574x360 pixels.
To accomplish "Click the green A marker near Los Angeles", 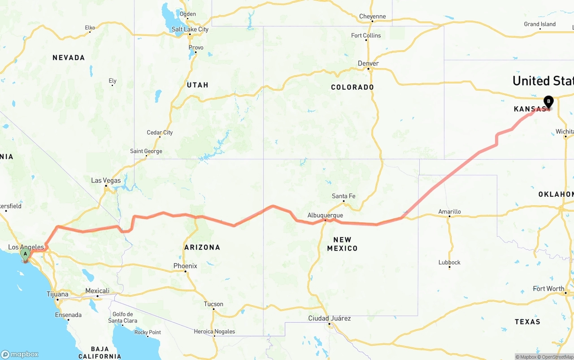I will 25,254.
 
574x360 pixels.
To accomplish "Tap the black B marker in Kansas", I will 548,102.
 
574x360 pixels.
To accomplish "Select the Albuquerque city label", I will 325,215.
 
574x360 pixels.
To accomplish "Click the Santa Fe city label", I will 344,196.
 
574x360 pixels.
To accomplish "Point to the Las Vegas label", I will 106,180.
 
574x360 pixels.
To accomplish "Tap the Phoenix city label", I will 185,266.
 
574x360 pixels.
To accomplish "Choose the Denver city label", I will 368,63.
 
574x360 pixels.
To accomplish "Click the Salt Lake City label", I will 190,29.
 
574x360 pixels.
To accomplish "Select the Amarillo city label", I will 449,212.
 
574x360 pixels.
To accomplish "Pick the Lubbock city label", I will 449,262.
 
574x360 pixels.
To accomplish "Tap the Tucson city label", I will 213,304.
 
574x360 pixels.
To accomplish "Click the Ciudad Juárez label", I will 329,318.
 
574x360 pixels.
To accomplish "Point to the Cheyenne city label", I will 372,17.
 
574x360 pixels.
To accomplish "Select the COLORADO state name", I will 352,87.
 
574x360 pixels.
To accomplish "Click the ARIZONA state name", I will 202,247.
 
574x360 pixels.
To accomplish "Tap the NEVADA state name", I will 69,57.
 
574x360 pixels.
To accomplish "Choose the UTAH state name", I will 197,85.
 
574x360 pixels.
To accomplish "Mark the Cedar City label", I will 160,132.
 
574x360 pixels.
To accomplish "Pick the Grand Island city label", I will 540,24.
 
